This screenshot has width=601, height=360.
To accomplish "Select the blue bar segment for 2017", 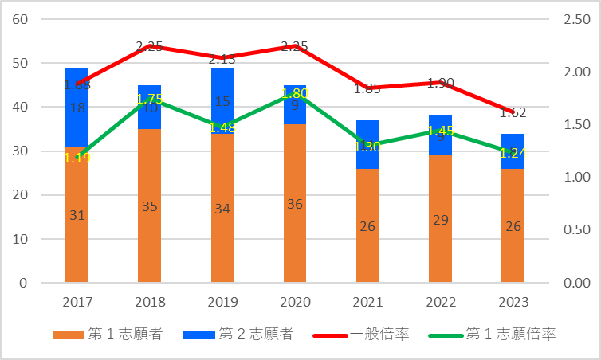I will [x=77, y=119].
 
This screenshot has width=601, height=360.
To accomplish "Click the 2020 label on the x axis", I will [x=295, y=303].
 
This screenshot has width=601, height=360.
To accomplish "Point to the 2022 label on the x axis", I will [x=440, y=303].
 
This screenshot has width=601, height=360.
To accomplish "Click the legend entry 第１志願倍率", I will [x=499, y=335].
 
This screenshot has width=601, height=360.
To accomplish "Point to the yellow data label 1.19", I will [x=77, y=158].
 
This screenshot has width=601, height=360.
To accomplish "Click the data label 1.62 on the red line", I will [x=513, y=113].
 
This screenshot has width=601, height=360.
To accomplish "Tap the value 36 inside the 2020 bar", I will [x=295, y=204].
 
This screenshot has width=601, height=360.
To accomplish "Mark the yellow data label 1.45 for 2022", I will [x=441, y=131].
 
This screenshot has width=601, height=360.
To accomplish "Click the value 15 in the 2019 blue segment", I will [x=222, y=101].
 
